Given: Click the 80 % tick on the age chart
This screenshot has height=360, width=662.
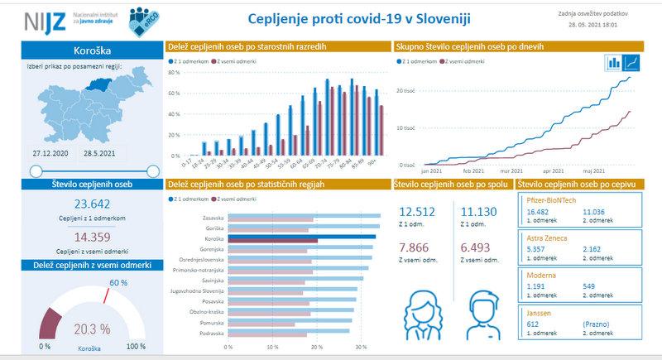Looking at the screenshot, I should coord(174,72).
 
